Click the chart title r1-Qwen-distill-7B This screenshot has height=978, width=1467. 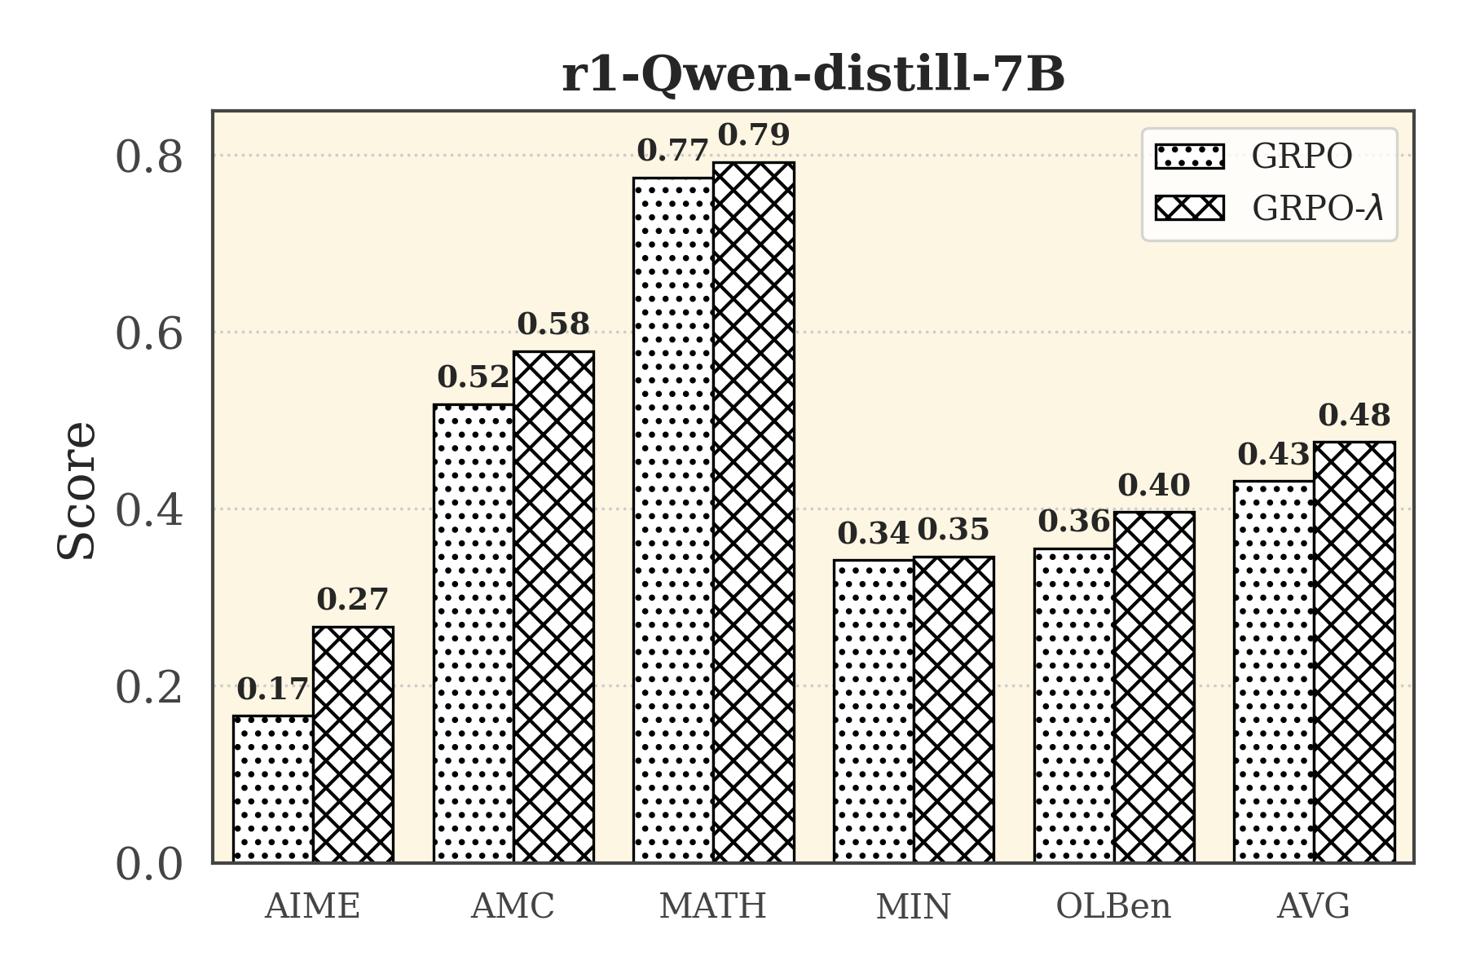813,75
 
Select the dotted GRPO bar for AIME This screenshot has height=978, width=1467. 273,789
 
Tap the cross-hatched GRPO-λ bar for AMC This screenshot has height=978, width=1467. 553,607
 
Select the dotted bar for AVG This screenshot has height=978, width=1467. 1274,672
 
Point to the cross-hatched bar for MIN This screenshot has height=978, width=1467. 954,709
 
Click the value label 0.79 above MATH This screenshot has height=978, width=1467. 754,135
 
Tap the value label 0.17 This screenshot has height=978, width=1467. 273,689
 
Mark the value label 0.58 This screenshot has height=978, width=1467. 553,324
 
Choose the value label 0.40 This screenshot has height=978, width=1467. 1154,486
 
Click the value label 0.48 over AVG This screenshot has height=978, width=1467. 1355,416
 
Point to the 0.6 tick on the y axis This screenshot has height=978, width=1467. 149,334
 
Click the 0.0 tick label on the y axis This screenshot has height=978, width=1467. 149,864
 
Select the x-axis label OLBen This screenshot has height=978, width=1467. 1113,906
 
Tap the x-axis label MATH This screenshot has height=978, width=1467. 713,906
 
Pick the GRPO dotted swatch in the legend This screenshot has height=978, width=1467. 1189,156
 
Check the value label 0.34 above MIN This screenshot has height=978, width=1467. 873,534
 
